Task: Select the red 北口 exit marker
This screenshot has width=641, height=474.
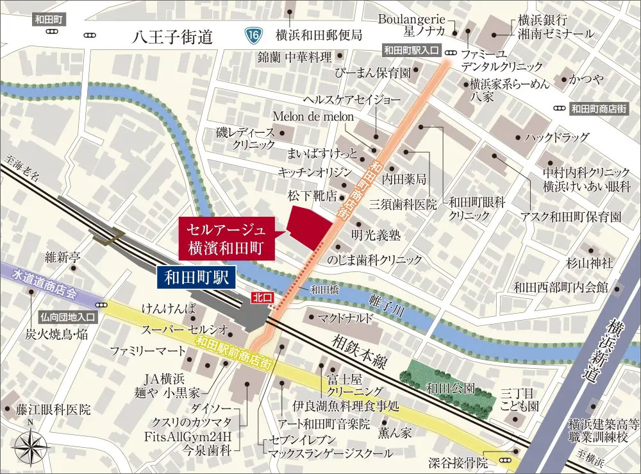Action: point(260,298)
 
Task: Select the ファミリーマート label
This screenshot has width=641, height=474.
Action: point(147,351)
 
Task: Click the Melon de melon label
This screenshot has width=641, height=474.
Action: point(313,116)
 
